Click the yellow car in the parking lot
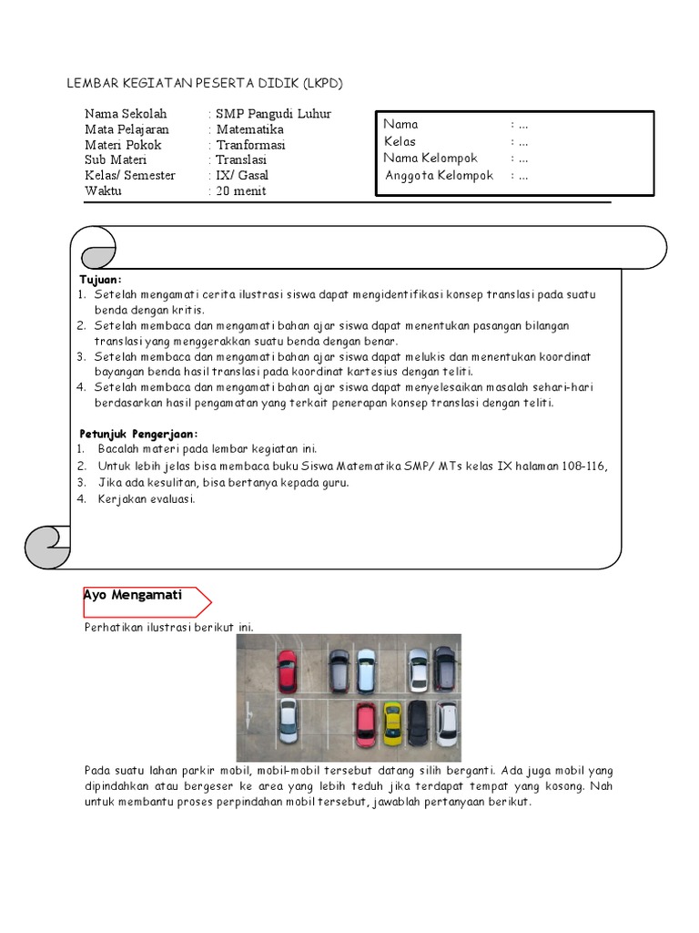pyautogui.click(x=392, y=722)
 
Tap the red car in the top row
pyautogui.click(x=287, y=672)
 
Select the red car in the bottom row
pyautogui.click(x=366, y=723)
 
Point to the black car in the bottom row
pyautogui.click(x=418, y=722)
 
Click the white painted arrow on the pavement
pyautogui.click(x=252, y=723)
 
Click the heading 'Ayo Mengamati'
pyautogui.click(x=133, y=595)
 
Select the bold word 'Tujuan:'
pyautogui.click(x=100, y=279)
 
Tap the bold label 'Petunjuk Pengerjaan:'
pyautogui.click(x=138, y=434)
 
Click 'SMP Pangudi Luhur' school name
pyautogui.click(x=273, y=114)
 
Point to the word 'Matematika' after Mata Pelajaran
pyautogui.click(x=250, y=129)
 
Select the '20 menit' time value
pyautogui.click(x=241, y=191)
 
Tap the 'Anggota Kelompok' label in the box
pyautogui.click(x=439, y=176)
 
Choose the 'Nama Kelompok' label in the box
pyautogui.click(x=431, y=159)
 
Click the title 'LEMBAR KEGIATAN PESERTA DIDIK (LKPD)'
pyautogui.click(x=205, y=84)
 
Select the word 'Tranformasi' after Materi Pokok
pyautogui.click(x=251, y=145)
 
